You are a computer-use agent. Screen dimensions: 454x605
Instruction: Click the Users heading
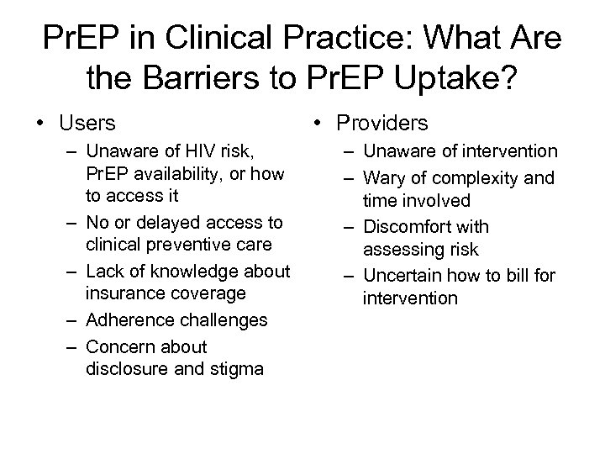coord(87,124)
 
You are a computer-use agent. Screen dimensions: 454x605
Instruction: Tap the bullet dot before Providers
coord(321,124)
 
